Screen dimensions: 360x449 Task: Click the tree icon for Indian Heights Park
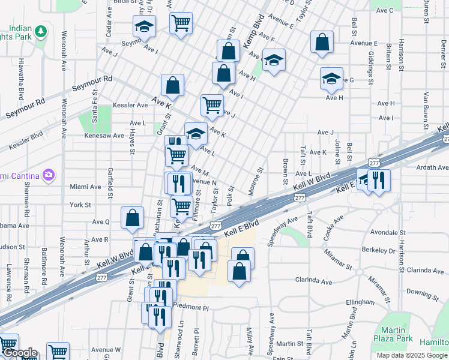[x=41, y=31]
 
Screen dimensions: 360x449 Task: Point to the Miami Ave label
[x=85, y=187]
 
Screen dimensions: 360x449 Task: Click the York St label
[x=80, y=205]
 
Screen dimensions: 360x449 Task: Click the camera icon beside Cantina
[x=48, y=175]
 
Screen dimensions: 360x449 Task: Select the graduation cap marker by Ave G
[x=331, y=79]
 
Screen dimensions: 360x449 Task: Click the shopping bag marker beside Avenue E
[x=322, y=43]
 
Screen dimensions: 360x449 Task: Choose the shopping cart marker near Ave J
[x=212, y=106]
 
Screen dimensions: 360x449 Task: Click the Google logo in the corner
[x=19, y=353]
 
